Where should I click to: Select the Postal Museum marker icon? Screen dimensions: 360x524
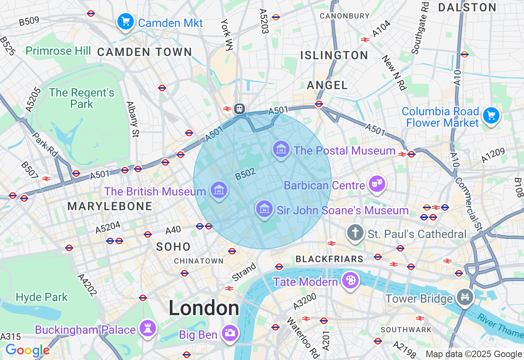tap(281, 149)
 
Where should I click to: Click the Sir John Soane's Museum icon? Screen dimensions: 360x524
tap(264, 209)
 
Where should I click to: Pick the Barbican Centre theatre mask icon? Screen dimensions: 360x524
tap(376, 184)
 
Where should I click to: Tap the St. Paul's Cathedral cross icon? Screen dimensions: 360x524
tap(355, 233)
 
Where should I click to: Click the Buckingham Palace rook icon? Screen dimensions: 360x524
tap(147, 328)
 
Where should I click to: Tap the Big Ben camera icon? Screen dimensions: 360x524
tap(230, 333)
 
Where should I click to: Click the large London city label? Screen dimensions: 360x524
tap(204, 308)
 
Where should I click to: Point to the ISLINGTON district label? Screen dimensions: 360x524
tap(334, 56)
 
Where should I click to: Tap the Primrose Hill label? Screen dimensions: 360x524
tap(58, 51)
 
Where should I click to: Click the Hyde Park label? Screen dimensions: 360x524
tap(42, 297)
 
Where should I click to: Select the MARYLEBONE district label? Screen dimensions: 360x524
tap(110, 207)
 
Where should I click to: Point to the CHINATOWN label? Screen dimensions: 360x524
tap(199, 261)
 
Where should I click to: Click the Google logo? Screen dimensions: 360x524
tap(27, 350)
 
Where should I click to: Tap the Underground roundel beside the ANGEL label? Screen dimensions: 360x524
tap(319, 104)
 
